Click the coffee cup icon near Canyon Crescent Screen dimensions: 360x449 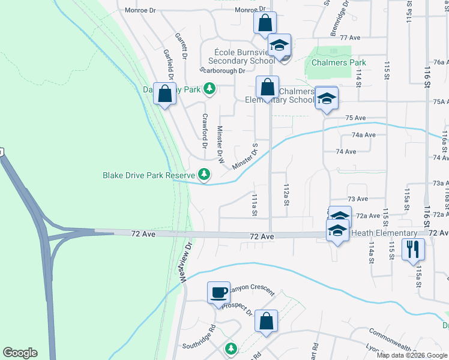tap(218, 293)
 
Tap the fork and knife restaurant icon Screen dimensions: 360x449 tap(413, 250)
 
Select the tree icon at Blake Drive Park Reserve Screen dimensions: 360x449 tap(205, 175)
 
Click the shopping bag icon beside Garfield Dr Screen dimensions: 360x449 tap(164, 94)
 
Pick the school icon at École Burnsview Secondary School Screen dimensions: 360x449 tap(280, 46)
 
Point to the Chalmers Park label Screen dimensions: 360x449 tap(339, 62)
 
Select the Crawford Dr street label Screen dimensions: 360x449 tap(205, 131)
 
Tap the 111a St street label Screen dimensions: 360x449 tap(255, 205)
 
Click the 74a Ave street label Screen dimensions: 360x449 tap(363, 135)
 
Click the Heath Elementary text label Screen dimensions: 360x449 tap(384, 233)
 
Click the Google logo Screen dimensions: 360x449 tap(20, 353)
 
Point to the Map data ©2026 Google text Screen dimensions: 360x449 tap(411, 355)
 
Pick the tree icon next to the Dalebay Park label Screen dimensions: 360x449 tap(209, 89)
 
